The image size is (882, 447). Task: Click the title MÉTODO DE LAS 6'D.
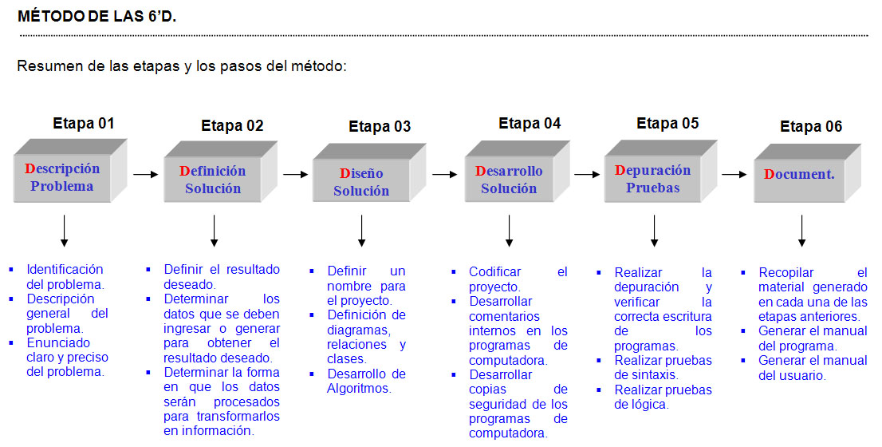pos(97,16)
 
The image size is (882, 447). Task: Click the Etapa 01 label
pos(84,124)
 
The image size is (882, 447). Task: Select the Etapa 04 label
pos(530,123)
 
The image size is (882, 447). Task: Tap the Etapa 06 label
pos(811,126)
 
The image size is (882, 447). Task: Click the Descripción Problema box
pos(62,178)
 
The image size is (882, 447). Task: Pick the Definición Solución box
pos(212,180)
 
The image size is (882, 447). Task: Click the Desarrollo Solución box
pos(509,180)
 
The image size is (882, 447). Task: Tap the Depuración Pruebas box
pos(652,180)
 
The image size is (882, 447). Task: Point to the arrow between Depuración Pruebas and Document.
pos(733,172)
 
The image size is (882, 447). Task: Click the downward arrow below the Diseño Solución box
pos(361,231)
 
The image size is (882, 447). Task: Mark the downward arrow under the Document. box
pos(801,231)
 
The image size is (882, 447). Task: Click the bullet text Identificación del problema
pos(65,276)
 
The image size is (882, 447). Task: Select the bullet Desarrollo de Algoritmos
pos(366,381)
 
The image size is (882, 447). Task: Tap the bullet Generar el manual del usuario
pos(812,368)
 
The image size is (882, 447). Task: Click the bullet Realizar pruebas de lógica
pos(663,397)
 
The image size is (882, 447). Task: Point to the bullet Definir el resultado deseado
pos(221,276)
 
